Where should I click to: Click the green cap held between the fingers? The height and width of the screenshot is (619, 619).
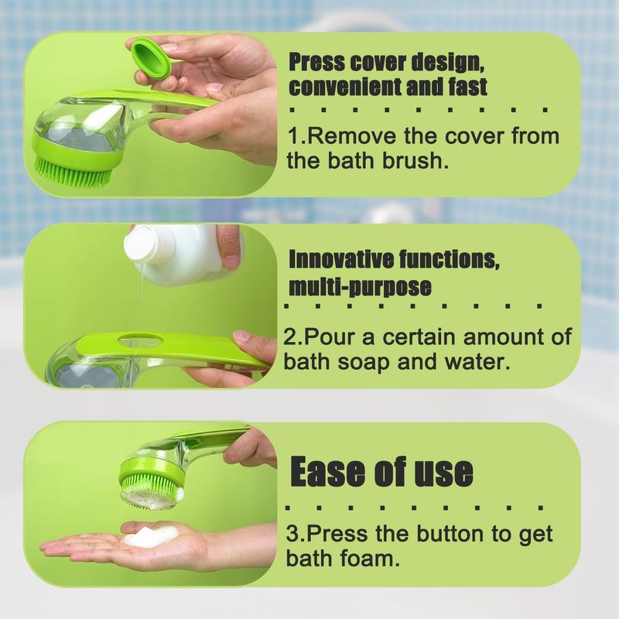150,58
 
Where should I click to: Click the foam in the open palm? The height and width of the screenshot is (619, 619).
151,537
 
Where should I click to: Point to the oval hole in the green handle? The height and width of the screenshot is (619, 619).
139,338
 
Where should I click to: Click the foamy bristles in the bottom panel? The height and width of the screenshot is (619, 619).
152,492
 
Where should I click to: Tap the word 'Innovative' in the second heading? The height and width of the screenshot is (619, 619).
340,259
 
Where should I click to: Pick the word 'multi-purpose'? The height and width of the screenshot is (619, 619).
360,286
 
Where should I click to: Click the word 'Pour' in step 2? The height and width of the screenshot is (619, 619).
330,337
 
